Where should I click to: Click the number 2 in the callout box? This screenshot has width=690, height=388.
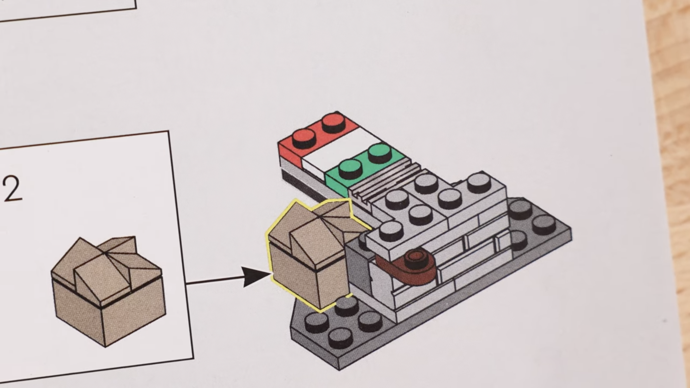(x=12, y=190)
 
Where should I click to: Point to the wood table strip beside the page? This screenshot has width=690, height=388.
(x=670, y=168)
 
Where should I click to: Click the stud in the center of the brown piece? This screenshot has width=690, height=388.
(x=415, y=257)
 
